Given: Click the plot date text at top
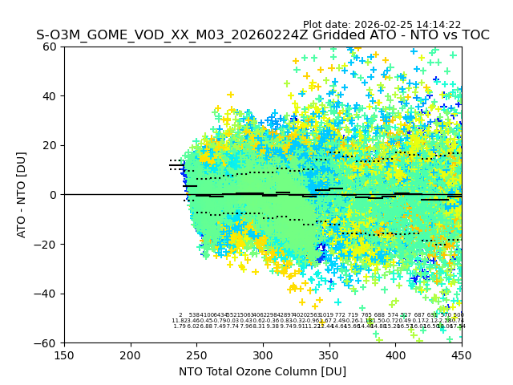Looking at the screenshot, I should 382,25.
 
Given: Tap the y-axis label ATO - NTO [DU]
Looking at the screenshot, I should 22,194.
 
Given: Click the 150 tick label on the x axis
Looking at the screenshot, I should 64,354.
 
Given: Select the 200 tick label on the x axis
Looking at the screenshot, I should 131,354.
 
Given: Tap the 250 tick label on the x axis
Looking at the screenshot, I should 196,354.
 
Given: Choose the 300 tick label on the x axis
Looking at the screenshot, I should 263,354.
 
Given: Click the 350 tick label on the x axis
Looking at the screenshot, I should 329,354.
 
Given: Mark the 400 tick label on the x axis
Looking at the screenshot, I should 395,354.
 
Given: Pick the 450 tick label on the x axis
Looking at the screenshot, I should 461,354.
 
